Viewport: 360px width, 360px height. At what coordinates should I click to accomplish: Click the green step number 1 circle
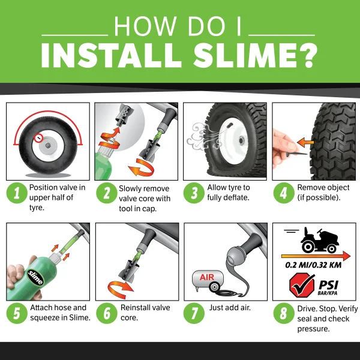coord(17,193)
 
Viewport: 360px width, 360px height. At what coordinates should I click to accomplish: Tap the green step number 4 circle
coord(284,193)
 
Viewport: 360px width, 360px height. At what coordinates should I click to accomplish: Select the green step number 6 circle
coord(107,313)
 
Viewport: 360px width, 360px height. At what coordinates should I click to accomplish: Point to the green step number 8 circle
coord(284,313)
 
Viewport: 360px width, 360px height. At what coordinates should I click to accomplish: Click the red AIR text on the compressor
coord(207,277)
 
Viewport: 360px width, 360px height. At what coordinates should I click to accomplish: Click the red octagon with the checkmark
coord(302,285)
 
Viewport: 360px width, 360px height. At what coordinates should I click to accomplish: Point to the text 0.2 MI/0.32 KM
coord(313,265)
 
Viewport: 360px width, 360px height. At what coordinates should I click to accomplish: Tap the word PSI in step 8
coord(329,285)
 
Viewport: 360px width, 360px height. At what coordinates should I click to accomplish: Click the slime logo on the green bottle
coord(35,277)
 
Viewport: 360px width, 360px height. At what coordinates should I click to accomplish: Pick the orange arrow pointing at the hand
coord(305,142)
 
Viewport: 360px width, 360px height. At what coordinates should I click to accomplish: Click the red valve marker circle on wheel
coord(39,138)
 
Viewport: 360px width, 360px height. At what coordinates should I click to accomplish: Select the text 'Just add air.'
coord(230,308)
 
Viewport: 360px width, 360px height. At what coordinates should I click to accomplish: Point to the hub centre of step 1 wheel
coord(48,146)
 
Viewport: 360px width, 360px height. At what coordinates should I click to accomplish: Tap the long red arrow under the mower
coord(316,256)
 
